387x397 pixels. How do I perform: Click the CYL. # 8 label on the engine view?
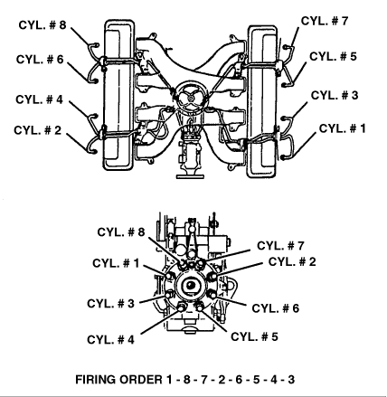[42, 25]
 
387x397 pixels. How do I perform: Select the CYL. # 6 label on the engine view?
[40, 60]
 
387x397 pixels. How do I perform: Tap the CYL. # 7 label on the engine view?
[325, 21]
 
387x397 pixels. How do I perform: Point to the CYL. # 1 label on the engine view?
[343, 128]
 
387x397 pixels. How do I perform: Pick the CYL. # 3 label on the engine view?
[335, 95]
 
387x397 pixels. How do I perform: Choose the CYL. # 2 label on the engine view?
[38, 130]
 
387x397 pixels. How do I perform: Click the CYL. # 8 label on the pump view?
[121, 232]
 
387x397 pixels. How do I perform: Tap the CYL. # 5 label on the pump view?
[254, 336]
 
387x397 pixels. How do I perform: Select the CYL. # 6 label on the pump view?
[276, 308]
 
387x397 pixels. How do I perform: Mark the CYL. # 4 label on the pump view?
[110, 340]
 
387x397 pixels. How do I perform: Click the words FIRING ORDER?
[118, 380]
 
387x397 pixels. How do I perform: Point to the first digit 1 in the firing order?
[169, 380]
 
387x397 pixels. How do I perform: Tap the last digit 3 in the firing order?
[291, 380]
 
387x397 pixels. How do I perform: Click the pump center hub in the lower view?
[191, 285]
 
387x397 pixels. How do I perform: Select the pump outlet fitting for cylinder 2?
[212, 276]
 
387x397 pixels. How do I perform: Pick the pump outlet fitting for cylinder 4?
[182, 307]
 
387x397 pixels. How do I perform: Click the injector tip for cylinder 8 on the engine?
[96, 45]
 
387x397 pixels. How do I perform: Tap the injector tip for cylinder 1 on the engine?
[283, 157]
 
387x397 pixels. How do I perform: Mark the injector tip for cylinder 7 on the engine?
[286, 47]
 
